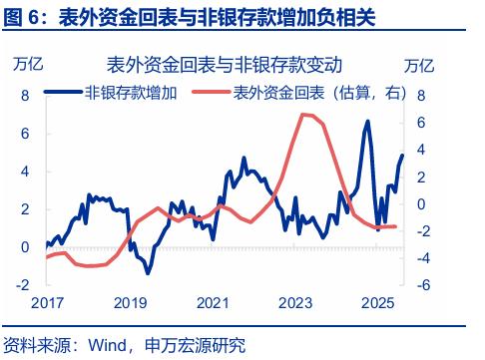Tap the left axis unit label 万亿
(x=28, y=66)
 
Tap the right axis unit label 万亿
(x=420, y=66)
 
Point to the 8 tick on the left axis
(x=26, y=96)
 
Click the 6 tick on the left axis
(x=26, y=134)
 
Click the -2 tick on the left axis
(x=23, y=284)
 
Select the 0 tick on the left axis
(x=26, y=246)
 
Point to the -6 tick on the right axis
(x=421, y=284)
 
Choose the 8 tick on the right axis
(x=423, y=96)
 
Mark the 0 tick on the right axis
(x=423, y=203)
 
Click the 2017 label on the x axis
(x=46, y=303)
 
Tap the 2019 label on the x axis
(x=128, y=303)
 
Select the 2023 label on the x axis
(x=295, y=303)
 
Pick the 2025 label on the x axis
(x=379, y=303)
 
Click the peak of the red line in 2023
(x=303, y=115)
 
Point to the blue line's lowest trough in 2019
(x=147, y=273)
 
